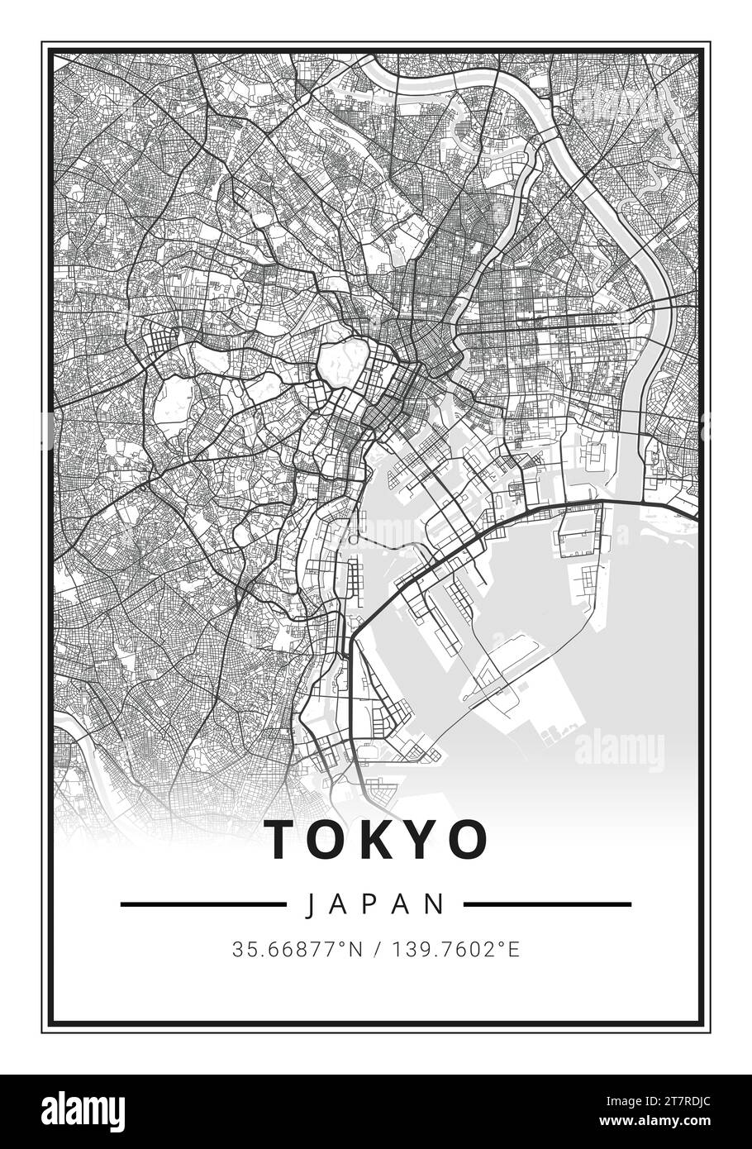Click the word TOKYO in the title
377,839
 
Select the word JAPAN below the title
377,904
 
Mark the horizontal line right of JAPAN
547,904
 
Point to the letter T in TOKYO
282,839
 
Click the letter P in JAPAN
377,904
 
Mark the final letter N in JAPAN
439,904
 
